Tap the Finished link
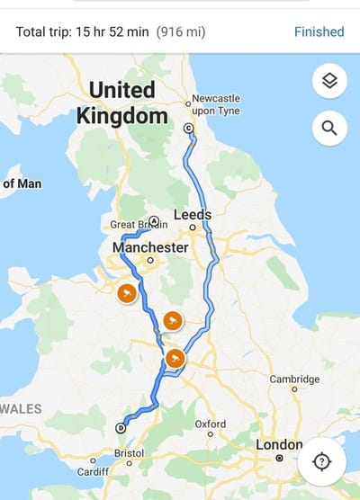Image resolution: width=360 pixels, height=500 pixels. click(x=319, y=31)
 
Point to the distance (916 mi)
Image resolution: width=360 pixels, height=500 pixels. click(x=181, y=31)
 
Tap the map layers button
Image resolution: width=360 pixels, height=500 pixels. click(x=329, y=82)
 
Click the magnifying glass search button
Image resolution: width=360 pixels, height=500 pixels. click(x=329, y=129)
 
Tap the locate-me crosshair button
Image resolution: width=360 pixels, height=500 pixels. click(x=321, y=461)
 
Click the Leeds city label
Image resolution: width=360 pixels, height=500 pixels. click(x=193, y=215)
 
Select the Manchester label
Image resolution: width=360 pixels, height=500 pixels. click(x=150, y=247)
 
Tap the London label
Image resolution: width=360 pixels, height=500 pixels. click(x=279, y=444)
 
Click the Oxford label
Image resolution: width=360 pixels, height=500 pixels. click(x=210, y=424)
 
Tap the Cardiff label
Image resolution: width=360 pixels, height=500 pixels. click(x=92, y=471)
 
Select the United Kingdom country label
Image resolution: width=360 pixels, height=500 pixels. click(x=122, y=103)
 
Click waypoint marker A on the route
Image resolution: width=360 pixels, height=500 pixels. click(x=155, y=220)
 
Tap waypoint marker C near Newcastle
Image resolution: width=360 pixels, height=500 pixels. click(x=189, y=129)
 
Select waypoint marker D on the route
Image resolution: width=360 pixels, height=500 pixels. click(x=121, y=428)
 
